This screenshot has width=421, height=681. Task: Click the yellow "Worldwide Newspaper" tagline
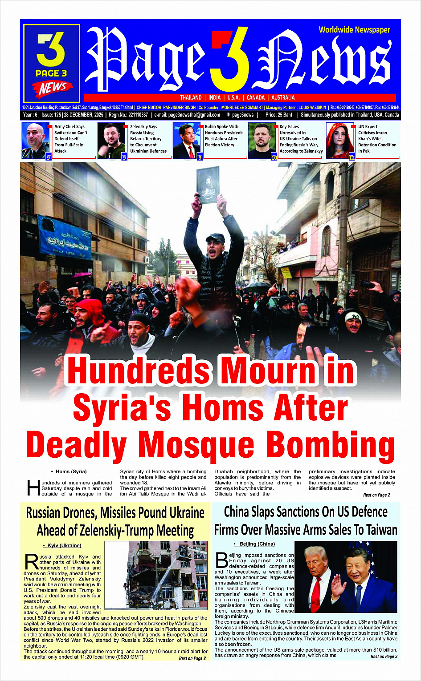[354, 30]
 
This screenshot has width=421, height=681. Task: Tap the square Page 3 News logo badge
[52, 63]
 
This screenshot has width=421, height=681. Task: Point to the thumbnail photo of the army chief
[36, 141]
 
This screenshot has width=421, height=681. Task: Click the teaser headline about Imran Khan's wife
[377, 139]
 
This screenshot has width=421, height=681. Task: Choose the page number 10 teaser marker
[274, 157]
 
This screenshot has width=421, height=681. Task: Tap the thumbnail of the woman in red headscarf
[340, 141]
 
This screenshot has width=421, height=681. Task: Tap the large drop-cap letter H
[33, 488]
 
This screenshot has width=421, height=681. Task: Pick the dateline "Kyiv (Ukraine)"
[64, 545]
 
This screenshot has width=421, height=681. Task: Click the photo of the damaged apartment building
[156, 575]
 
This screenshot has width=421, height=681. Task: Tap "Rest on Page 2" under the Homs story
[376, 495]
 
